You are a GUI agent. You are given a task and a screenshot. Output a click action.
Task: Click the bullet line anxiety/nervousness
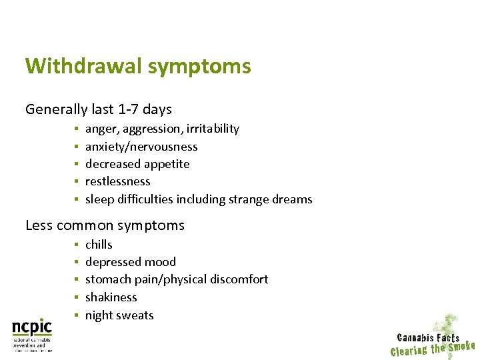pos(141,147)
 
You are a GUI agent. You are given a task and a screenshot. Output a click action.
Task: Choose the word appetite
pos(167,165)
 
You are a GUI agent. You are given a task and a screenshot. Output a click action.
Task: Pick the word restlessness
pos(118,181)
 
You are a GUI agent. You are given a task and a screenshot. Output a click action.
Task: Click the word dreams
pos(291,199)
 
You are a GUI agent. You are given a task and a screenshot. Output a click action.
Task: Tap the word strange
pos(247,200)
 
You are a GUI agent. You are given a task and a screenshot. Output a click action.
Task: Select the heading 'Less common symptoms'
pos(105,225)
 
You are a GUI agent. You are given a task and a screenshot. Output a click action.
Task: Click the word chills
pos(99,245)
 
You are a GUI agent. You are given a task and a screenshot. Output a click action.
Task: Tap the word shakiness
pos(111,297)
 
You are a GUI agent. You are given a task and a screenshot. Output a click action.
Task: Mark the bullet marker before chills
pos(77,245)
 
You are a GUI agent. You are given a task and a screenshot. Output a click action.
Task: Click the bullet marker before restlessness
pos(77,181)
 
